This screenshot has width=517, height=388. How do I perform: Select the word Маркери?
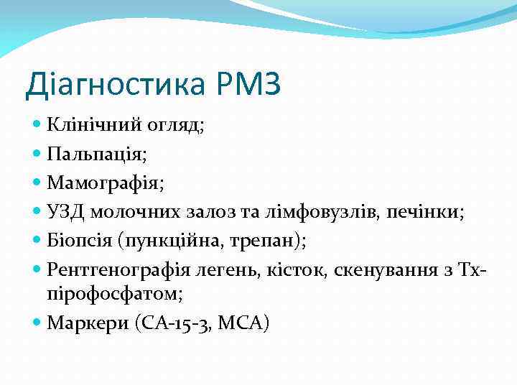88,323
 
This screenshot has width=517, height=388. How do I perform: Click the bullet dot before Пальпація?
37,153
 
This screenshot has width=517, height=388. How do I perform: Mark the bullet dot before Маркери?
37,323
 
